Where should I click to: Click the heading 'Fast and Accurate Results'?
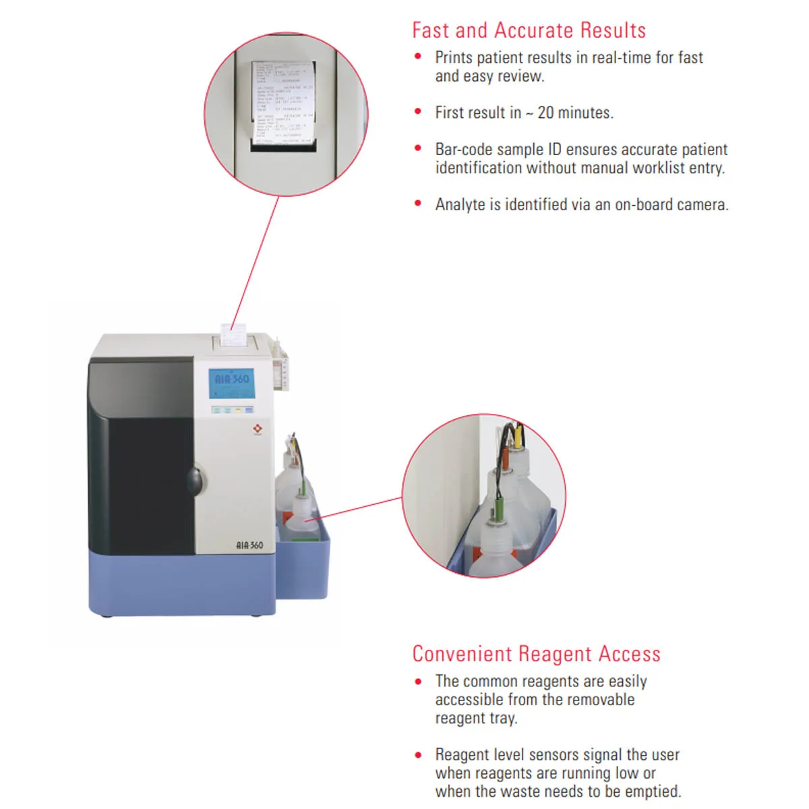(529, 30)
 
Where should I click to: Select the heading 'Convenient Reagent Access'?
(536, 654)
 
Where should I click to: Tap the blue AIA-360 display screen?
(231, 383)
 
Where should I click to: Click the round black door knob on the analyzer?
(195, 480)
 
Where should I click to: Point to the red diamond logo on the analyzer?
(257, 429)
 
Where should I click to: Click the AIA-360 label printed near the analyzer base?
(249, 545)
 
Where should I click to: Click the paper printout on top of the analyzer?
(233, 334)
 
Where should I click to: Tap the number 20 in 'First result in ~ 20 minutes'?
(546, 113)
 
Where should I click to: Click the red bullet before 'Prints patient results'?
(418, 57)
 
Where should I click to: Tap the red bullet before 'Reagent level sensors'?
(418, 754)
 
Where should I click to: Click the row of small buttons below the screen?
(231, 409)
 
